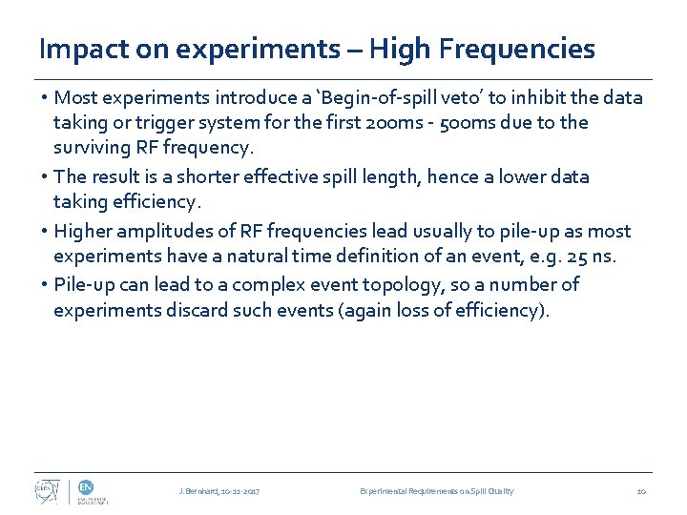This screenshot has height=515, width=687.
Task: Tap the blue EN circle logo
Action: click(x=83, y=485)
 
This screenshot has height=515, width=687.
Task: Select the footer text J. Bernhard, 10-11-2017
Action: click(x=219, y=491)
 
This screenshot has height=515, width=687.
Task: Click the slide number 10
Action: click(x=641, y=491)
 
